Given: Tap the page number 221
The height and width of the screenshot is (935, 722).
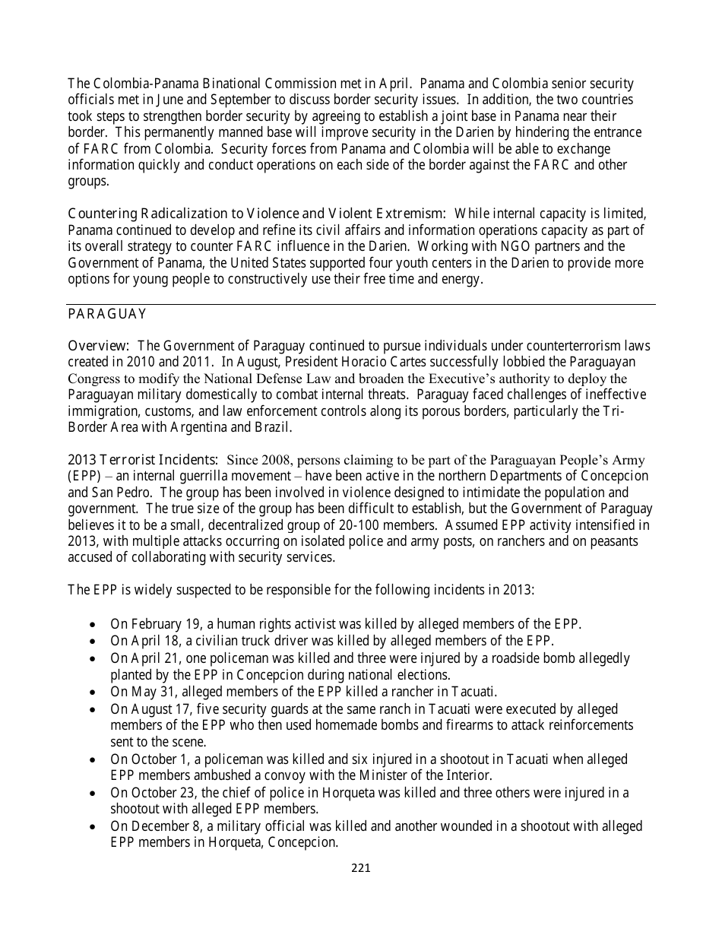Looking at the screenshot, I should point(361,868).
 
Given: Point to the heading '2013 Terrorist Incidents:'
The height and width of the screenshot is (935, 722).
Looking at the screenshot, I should point(144,460).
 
